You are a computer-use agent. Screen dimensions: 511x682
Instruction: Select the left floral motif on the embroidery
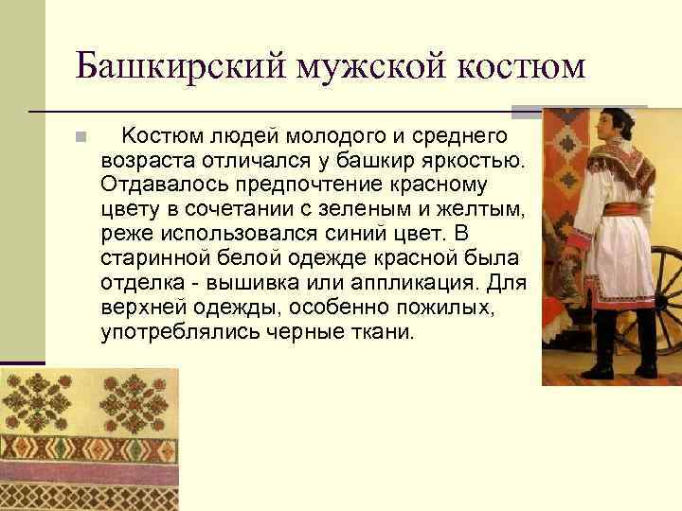click(x=38, y=402)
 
